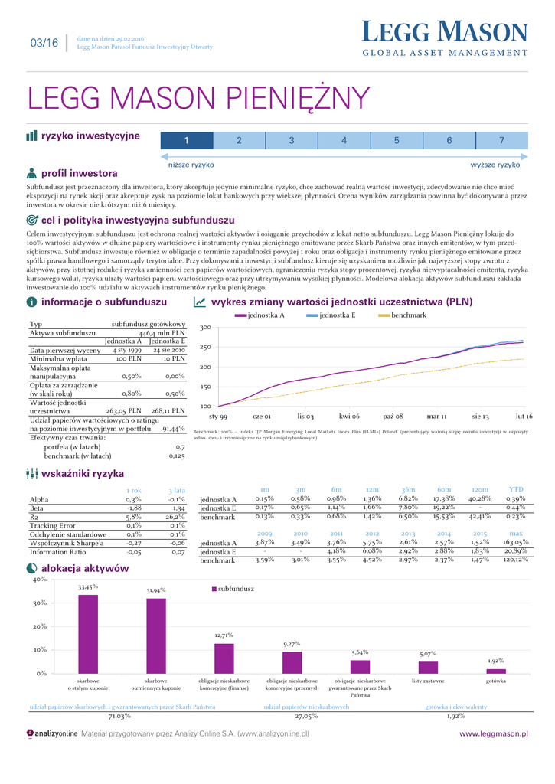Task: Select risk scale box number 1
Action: pyautogui.click(x=186, y=140)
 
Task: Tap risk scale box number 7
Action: pyautogui.click(x=501, y=140)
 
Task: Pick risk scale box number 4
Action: pyautogui.click(x=344, y=140)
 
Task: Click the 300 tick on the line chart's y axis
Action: pyautogui.click(x=205, y=328)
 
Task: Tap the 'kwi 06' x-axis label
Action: pyautogui.click(x=349, y=416)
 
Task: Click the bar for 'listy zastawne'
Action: pyautogui.click(x=428, y=667)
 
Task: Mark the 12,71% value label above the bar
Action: pyautogui.click(x=224, y=635)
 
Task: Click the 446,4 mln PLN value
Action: pyautogui.click(x=162, y=334)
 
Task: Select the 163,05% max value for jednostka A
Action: pyautogui.click(x=515, y=542)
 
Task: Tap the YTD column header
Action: pyautogui.click(x=516, y=490)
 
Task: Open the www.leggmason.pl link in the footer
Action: pyautogui.click(x=493, y=733)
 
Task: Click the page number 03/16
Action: pyautogui.click(x=43, y=43)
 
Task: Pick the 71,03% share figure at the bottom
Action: pyautogui.click(x=119, y=717)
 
